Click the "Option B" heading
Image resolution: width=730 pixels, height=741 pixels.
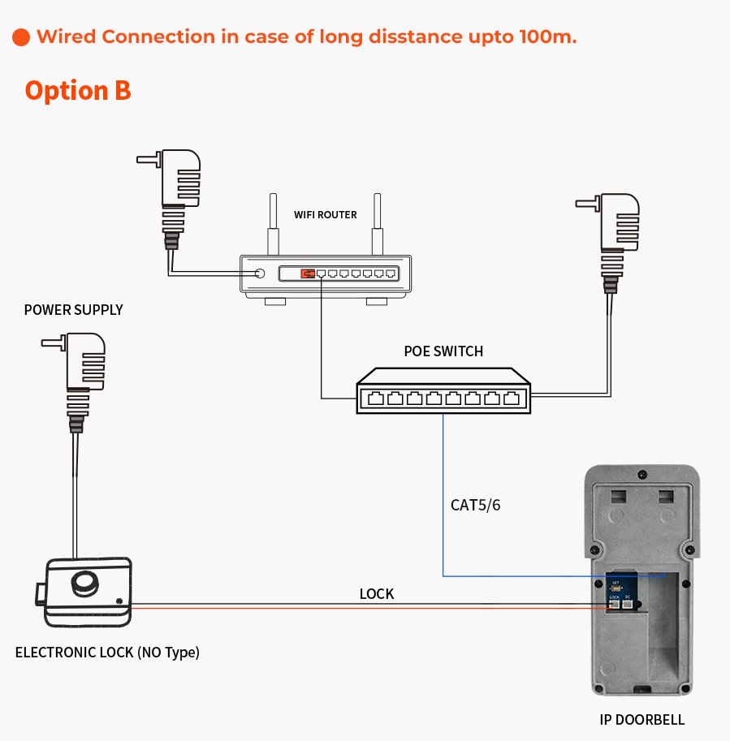click(x=78, y=90)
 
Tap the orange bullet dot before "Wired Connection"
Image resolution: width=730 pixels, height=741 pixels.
click(x=22, y=37)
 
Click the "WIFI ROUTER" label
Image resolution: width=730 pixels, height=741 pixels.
click(x=325, y=215)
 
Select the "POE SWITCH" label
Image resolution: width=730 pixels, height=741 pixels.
click(x=443, y=351)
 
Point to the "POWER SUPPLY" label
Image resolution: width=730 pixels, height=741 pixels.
click(x=73, y=309)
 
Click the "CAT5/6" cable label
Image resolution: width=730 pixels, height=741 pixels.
click(x=476, y=505)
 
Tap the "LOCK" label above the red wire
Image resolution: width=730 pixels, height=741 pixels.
click(x=376, y=594)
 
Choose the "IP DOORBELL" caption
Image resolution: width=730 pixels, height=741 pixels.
click(x=641, y=720)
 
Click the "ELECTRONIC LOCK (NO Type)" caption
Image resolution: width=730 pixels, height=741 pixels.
click(x=107, y=652)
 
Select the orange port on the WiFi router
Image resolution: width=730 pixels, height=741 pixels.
click(x=308, y=274)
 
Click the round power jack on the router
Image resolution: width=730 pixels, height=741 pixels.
click(x=260, y=274)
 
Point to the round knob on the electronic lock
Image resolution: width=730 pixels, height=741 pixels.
click(x=84, y=584)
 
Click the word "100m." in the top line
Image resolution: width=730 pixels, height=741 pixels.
click(x=548, y=37)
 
